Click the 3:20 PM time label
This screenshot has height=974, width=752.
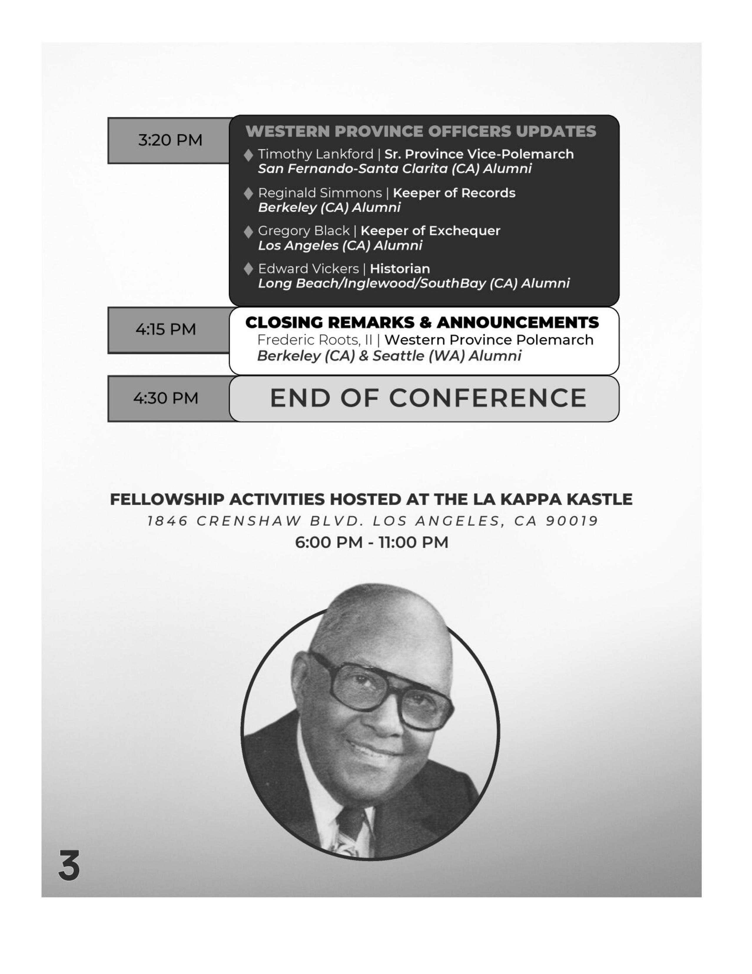pyautogui.click(x=170, y=140)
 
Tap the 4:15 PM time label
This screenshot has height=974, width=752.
pyautogui.click(x=165, y=329)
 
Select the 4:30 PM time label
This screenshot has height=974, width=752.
pyautogui.click(x=165, y=398)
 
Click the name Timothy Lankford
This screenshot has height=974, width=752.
pyautogui.click(x=315, y=154)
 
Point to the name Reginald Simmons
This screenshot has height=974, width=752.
pyautogui.click(x=320, y=193)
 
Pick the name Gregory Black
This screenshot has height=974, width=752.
pyautogui.click(x=303, y=231)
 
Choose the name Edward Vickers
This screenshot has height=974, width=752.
pyautogui.click(x=308, y=269)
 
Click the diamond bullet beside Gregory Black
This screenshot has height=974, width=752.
pyautogui.click(x=248, y=231)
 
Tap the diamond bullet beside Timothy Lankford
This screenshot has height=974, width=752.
pyautogui.click(x=248, y=155)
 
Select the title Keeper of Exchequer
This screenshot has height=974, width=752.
pyautogui.click(x=430, y=231)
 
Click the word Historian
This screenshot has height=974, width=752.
pyautogui.click(x=400, y=269)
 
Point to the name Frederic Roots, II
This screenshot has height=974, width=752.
pyautogui.click(x=314, y=340)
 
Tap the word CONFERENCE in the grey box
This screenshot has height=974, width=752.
pyautogui.click(x=488, y=398)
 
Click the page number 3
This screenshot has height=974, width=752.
pyautogui.click(x=69, y=866)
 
